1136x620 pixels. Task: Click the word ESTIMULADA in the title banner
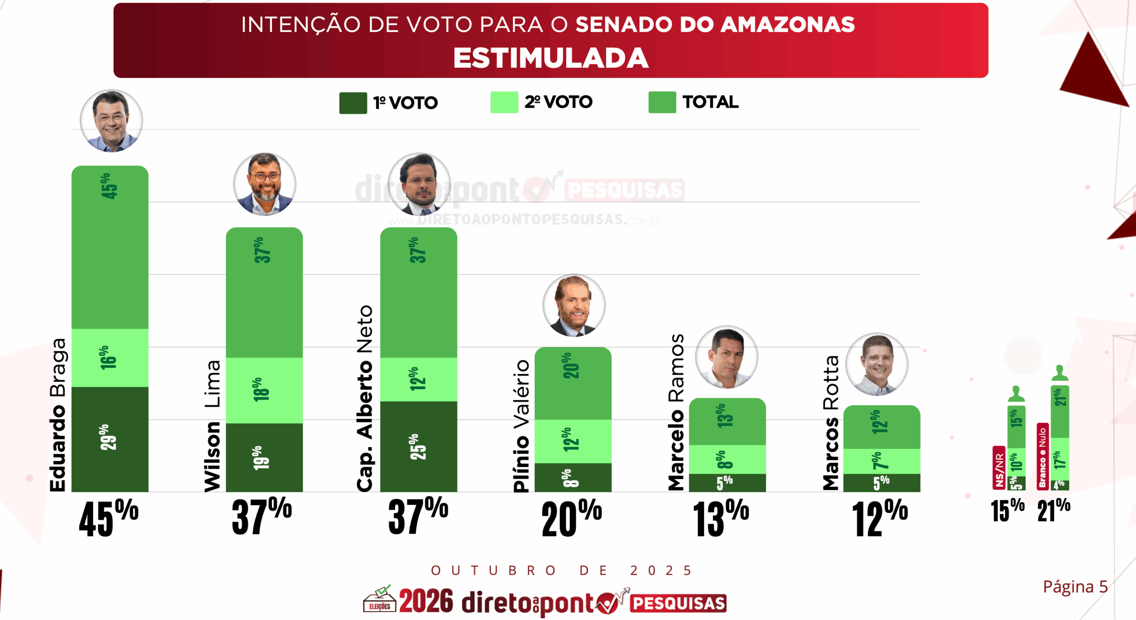[551, 58]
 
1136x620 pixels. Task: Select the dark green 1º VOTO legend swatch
[353, 103]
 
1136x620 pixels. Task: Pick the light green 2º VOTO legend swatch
[504, 102]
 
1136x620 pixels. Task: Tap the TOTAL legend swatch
[662, 102]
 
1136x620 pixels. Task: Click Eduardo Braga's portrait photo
[111, 121]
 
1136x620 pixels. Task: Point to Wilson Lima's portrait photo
[264, 184]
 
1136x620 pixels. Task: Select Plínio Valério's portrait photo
[574, 306]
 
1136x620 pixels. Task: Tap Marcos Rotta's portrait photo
[877, 365]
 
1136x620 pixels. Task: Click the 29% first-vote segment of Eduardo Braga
[110, 439]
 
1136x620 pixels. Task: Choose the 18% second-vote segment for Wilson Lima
[264, 390]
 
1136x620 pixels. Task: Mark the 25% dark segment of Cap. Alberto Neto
[418, 446]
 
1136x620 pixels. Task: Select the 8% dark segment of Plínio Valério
[572, 478]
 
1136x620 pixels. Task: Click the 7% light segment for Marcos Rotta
[881, 461]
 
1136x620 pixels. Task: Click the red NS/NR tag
[999, 468]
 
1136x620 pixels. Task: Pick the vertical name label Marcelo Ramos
[676, 412]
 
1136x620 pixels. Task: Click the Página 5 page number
[1075, 587]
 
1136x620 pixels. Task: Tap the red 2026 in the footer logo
[426, 601]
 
